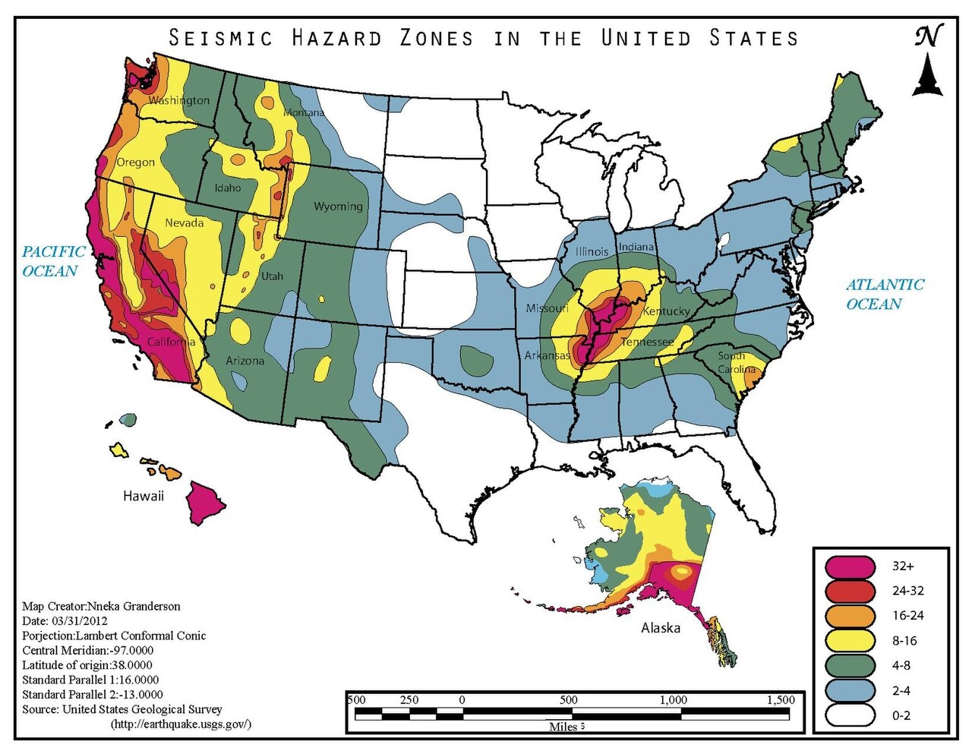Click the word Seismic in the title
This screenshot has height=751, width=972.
220,38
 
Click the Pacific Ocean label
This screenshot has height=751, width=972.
52,261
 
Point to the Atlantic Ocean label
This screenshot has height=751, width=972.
884,294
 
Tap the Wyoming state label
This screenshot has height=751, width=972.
338,206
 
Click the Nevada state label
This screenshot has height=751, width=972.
184,222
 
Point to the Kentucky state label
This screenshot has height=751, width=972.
666,311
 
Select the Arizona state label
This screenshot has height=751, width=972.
245,361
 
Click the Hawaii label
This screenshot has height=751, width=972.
144,496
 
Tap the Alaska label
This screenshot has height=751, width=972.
661,628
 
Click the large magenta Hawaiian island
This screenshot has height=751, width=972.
206,501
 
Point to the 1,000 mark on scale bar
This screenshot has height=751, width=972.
673,700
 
